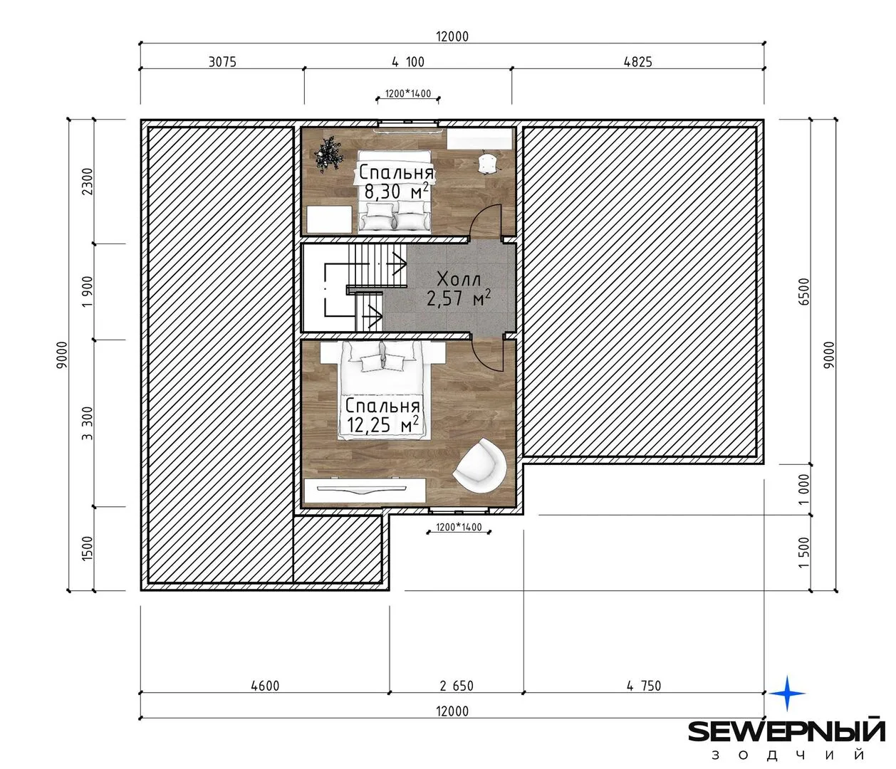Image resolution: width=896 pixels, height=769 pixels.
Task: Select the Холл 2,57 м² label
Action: pos(459,288)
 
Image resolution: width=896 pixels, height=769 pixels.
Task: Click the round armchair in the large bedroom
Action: pos(480,465)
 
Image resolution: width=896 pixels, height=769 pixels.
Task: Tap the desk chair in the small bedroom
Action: pos(489,163)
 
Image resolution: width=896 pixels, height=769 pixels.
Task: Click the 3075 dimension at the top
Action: pos(222,62)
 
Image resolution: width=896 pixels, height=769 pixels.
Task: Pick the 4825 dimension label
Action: pos(637,62)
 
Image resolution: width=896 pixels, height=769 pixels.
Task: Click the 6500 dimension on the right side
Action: pos(803,292)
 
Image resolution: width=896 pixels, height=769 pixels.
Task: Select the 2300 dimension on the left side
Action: pos(88,182)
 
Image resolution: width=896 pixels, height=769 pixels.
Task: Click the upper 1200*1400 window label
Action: pos(408,93)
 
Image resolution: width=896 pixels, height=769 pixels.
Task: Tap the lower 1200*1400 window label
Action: pos(459,527)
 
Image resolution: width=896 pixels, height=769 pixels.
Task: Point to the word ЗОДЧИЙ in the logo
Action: pos(788,755)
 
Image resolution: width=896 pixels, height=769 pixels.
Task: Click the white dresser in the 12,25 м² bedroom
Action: pos(365,491)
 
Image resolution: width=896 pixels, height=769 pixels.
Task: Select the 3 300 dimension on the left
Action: pos(88,423)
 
